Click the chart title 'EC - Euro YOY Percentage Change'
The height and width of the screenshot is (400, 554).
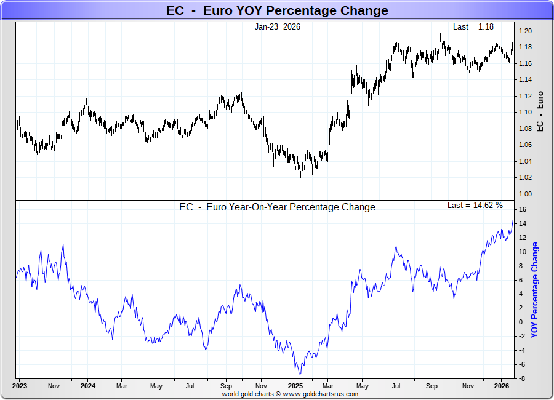277,10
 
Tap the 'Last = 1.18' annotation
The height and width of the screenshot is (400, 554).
473,27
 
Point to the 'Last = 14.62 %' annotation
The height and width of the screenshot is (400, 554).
475,205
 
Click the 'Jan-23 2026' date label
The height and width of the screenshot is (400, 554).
278,27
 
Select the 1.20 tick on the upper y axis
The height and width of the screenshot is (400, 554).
524,31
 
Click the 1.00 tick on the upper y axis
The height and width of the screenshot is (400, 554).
524,194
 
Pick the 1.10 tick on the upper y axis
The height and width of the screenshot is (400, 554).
524,113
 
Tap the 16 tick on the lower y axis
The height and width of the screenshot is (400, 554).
521,209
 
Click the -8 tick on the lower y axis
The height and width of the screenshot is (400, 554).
521,378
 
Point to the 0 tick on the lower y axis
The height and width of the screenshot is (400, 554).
520,322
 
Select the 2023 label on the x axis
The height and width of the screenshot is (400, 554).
19,386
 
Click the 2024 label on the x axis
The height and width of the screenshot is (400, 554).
88,386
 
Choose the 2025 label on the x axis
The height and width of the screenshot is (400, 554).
295,386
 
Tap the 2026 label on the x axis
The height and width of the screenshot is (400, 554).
502,386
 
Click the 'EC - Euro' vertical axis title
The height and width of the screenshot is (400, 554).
540,111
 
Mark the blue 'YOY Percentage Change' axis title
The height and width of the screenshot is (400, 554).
534,289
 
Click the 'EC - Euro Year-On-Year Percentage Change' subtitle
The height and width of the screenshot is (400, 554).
277,207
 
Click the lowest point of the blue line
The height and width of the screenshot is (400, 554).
300,374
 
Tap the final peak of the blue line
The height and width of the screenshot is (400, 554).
513,219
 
